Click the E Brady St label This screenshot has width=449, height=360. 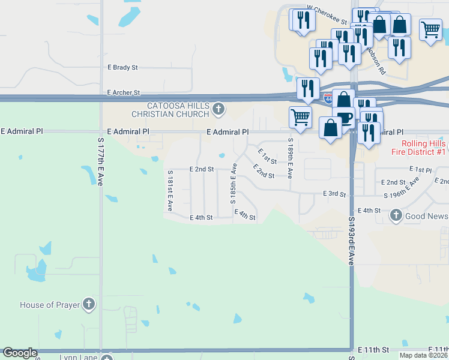tap(122, 68)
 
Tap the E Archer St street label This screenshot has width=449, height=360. tap(123, 93)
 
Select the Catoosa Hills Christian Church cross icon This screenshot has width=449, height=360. tap(218, 109)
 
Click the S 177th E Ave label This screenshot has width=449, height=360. tap(101, 160)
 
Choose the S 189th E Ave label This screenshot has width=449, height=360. tap(290, 158)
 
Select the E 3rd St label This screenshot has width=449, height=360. tap(334, 194)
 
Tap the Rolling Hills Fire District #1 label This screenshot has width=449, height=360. tap(423, 148)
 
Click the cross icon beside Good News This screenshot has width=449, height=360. tap(396, 215)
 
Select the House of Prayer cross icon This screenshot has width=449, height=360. tap(89, 304)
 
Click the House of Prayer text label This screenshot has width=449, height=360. tap(50, 305)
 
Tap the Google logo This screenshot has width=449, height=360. tap(20, 353)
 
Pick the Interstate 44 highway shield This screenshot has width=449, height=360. tap(328, 98)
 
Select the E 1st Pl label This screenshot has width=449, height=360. tap(420, 170)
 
